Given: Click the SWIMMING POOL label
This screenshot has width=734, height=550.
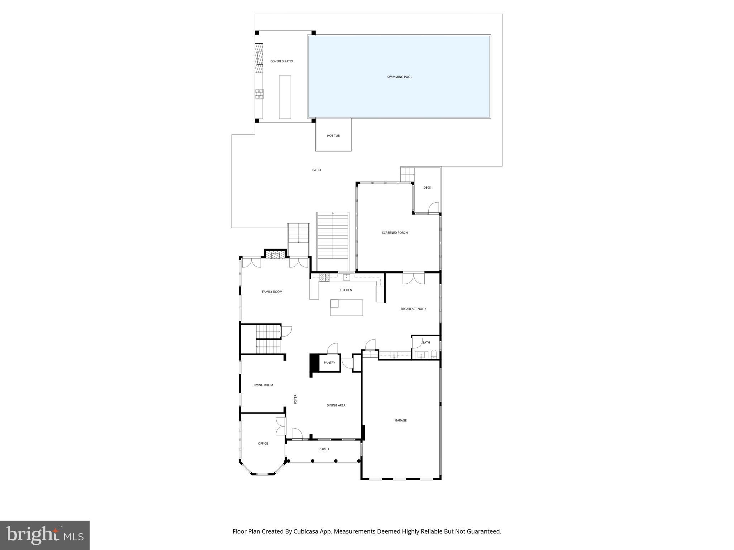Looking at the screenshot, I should [399, 77].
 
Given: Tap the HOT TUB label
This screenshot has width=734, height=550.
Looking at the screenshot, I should [333, 136].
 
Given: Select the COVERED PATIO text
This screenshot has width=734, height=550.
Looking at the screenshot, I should [281, 61].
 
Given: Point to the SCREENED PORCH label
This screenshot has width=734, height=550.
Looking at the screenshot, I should [395, 233].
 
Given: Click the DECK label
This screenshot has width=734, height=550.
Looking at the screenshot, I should [427, 188].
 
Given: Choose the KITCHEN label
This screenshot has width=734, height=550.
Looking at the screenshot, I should [345, 290].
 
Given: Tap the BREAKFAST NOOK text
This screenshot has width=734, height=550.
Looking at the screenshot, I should [413, 309].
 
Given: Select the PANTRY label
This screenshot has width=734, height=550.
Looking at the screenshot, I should [329, 363].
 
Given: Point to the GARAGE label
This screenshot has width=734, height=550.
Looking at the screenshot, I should [400, 420].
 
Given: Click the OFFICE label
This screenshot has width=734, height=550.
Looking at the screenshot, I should [263, 444].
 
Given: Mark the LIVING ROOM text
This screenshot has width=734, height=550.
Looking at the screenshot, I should [263, 385].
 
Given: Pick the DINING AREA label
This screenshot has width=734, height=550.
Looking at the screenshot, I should [335, 405].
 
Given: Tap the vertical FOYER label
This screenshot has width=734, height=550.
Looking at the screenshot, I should [296, 399].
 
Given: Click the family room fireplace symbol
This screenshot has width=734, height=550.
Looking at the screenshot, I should [275, 255].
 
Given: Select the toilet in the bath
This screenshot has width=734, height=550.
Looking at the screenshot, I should [434, 354].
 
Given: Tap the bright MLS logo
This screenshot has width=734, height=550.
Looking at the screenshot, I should [45, 535].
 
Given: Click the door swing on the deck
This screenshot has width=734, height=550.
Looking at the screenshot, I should [434, 208].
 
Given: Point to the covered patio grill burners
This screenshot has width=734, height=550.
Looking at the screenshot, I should [259, 94].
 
